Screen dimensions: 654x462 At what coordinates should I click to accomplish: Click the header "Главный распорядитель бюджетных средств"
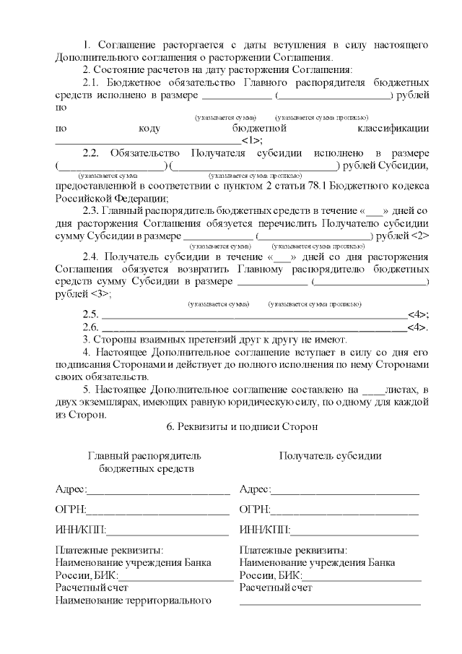coord(144,462)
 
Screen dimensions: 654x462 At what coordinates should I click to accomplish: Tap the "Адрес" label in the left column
coord(71,490)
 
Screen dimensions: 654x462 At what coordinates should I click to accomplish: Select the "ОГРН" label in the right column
coord(255,510)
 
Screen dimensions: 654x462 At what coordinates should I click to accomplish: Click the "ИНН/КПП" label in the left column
coord(80,531)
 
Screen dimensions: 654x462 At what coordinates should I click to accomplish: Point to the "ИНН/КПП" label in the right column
coord(264,531)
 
